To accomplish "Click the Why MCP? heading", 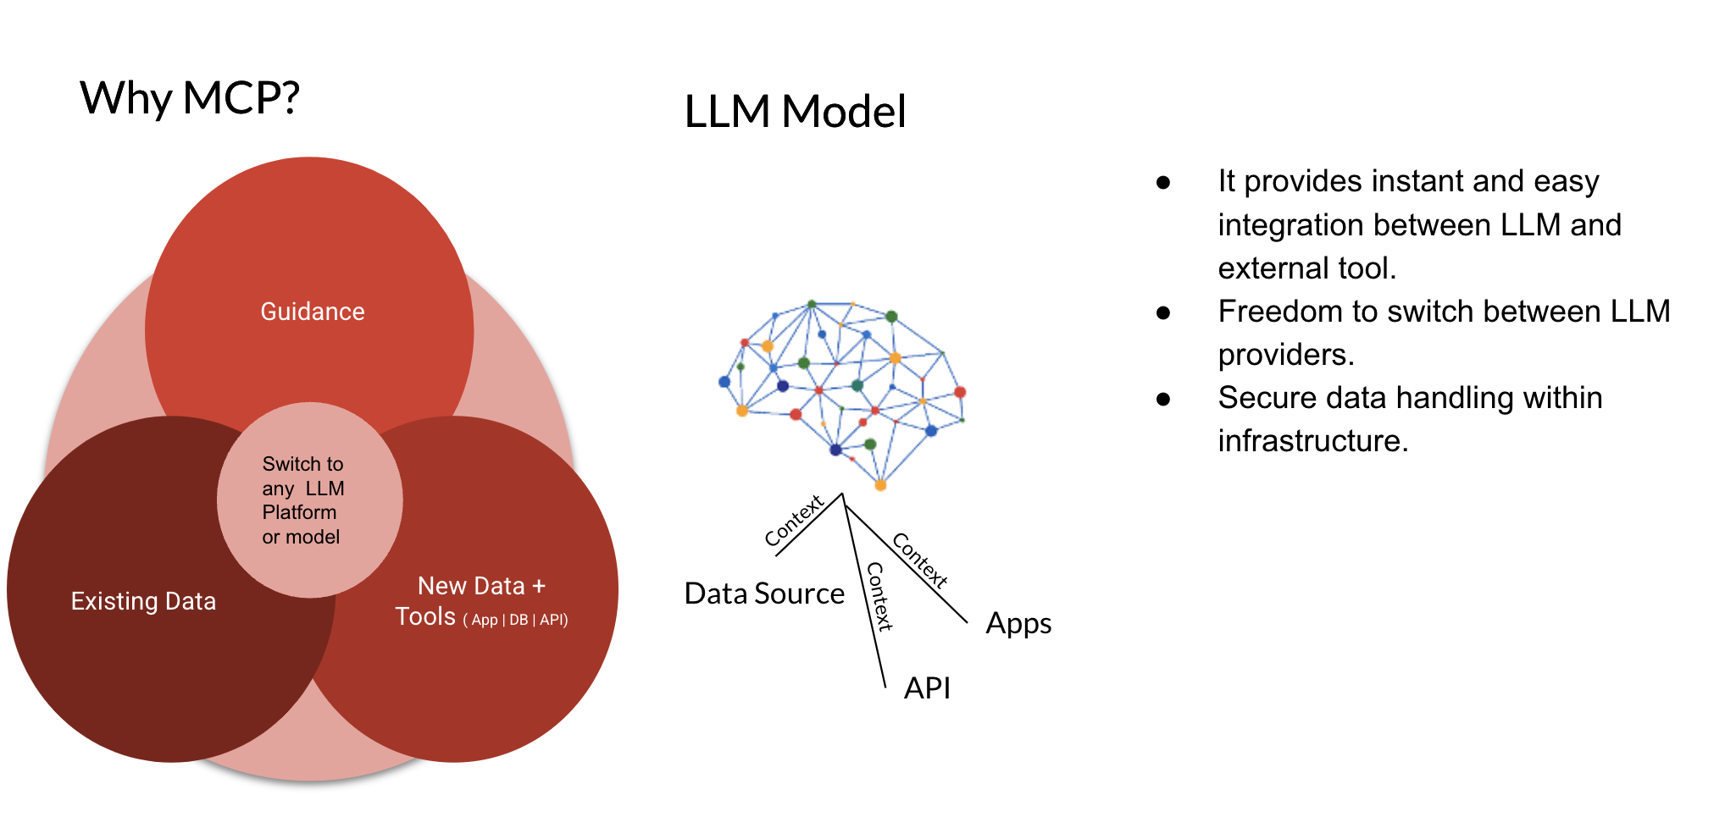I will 190,98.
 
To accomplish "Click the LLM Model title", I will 794,112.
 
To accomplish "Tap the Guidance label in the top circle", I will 312,312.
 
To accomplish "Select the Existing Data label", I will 143,601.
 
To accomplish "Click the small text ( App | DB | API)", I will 515,620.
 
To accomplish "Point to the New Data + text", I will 481,586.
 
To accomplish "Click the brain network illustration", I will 843,389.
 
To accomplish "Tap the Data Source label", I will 763,593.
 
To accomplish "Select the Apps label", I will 1018,624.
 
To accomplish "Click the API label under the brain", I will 927,688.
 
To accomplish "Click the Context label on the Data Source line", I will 794,521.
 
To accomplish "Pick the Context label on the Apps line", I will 919,560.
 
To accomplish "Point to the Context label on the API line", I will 878,597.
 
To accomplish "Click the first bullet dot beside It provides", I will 1163,182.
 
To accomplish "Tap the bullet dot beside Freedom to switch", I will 1163,312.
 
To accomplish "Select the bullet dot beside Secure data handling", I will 1163,399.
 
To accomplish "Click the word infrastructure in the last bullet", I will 1312,441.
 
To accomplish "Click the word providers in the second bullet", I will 1284,355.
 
